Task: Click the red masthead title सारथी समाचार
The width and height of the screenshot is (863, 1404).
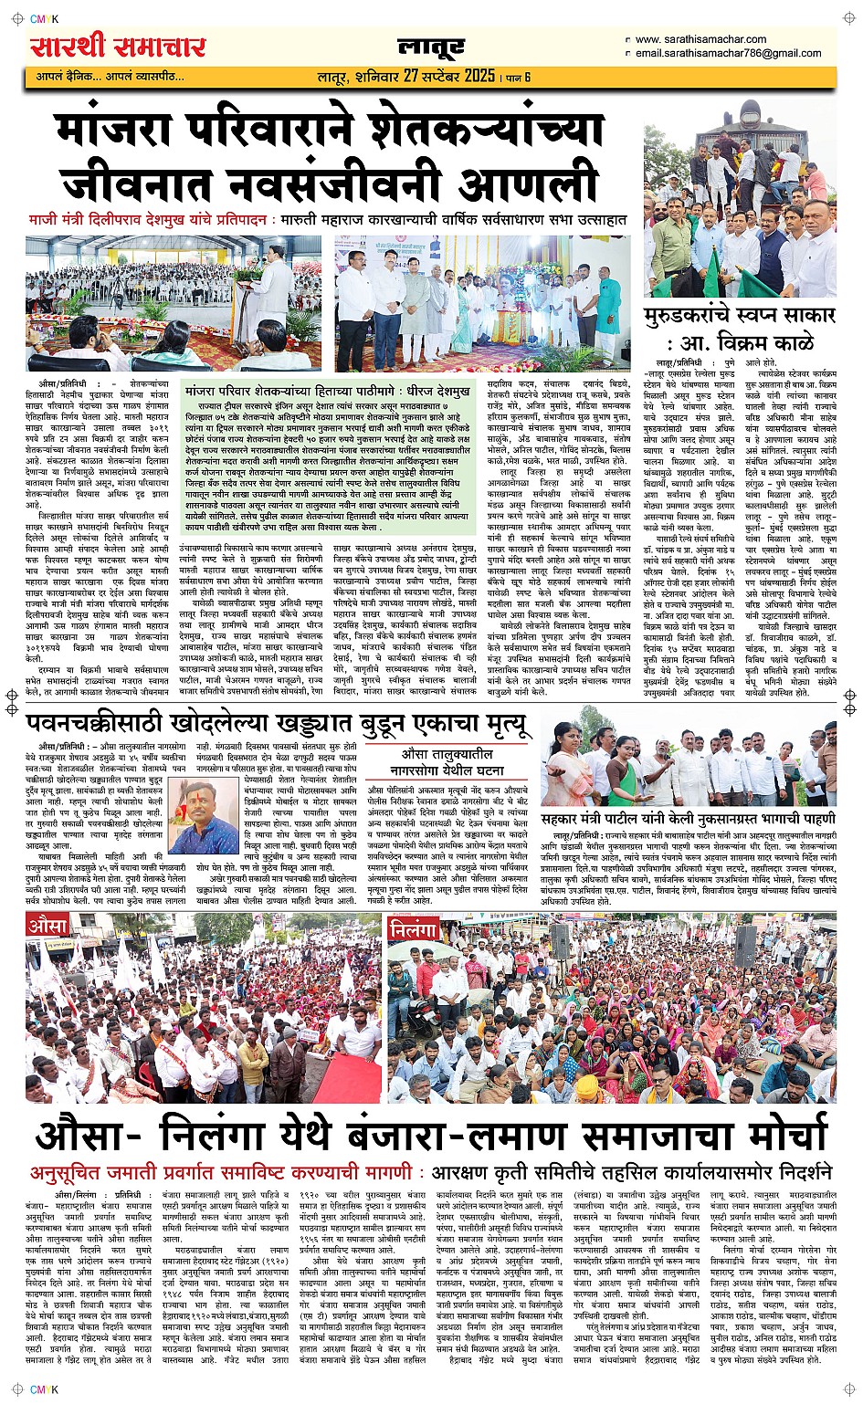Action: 118,46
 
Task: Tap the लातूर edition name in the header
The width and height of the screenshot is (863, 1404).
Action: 431,48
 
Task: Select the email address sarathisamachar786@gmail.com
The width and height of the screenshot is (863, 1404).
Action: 728,53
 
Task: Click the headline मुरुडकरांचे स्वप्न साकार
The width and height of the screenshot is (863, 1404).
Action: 740,316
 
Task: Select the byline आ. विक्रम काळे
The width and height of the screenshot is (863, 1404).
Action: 750,344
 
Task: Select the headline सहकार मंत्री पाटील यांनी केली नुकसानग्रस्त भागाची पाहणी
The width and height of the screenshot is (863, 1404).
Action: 688,819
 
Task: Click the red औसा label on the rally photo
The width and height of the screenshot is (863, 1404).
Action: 48,926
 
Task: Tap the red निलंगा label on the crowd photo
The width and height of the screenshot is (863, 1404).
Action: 415,930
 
